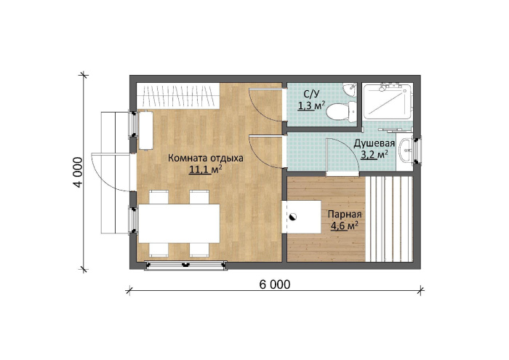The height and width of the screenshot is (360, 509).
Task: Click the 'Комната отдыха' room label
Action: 206,159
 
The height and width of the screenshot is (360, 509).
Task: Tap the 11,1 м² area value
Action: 206,169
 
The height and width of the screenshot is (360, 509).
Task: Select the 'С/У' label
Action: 312,94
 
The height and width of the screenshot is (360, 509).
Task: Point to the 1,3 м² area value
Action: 312,105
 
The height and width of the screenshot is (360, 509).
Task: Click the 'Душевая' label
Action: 374,143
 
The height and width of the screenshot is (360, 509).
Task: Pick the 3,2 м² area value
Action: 374,154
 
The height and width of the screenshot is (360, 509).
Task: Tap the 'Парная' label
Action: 345,215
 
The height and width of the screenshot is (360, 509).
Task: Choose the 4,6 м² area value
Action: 345,225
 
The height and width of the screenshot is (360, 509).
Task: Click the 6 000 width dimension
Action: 275,284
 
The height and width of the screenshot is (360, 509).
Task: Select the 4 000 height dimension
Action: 78,172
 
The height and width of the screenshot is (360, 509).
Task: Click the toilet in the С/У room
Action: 340,112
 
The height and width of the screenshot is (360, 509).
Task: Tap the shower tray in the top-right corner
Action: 388,101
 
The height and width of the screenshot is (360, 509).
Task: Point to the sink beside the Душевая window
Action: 405,150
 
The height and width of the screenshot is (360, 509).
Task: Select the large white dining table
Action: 179,224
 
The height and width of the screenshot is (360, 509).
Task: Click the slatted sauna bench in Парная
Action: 389,219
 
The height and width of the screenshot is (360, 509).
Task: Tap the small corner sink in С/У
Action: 350,89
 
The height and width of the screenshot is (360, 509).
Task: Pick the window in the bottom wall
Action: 185,265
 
